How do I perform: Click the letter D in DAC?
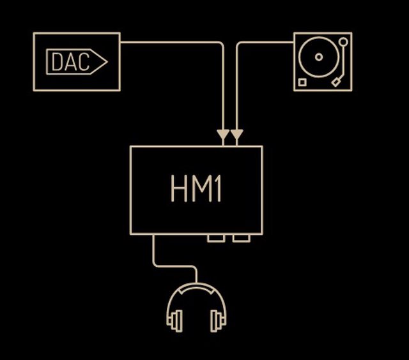pyautogui.click(x=56, y=62)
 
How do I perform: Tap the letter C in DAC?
pyautogui.click(x=83, y=62)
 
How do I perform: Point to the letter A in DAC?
pyautogui.click(x=70, y=62)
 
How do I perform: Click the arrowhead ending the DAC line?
pyautogui.click(x=223, y=136)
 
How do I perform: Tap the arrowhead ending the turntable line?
pyautogui.click(x=237, y=136)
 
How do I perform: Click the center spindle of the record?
pyautogui.click(x=319, y=57)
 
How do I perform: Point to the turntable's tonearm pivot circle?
pyautogui.click(x=343, y=42)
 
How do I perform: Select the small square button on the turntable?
pyautogui.click(x=302, y=82)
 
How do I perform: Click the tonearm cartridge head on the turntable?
pyautogui.click(x=336, y=82)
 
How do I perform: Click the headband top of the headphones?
pyautogui.click(x=197, y=289)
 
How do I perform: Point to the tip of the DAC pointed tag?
pyautogui.click(x=106, y=62)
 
